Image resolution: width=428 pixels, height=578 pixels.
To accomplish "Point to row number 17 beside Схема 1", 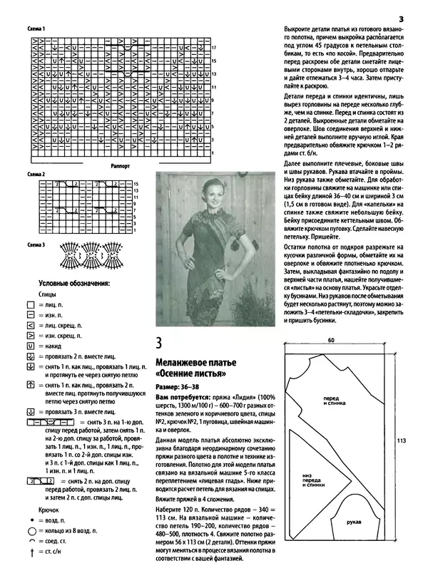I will coord(213,47).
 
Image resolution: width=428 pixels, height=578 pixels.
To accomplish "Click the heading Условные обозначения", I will coord(73,283).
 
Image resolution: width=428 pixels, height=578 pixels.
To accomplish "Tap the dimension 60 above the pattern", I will coord(332,341).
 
